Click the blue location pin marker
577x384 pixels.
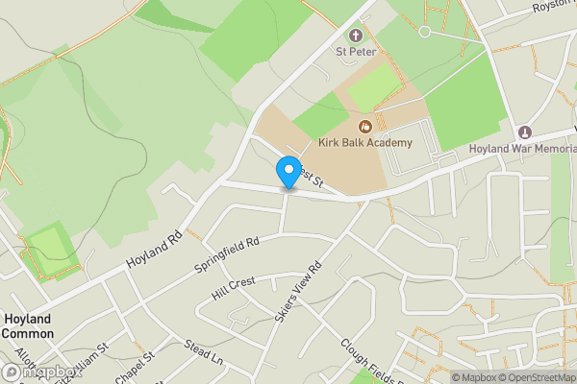(288, 173)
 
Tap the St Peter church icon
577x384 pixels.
(356, 36)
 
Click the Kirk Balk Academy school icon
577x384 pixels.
(365, 127)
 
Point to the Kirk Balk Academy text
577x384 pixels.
(365, 143)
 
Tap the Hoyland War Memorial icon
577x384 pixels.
(525, 132)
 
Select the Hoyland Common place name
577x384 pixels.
(27, 326)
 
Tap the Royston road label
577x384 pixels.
(553, 7)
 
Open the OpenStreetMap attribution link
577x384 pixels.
(535, 377)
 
